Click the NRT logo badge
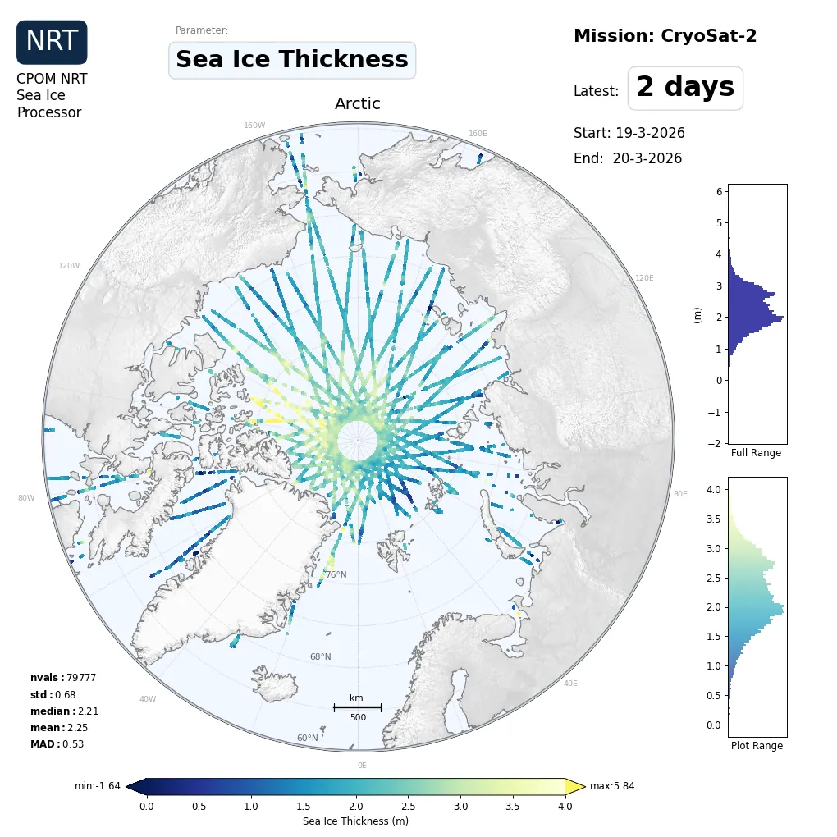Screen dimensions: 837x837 point(52,42)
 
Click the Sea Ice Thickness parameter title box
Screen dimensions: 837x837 point(292,60)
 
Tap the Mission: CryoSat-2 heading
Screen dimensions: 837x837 point(665,36)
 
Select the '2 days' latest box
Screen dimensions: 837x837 point(685,88)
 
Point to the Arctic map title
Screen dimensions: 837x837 point(358,104)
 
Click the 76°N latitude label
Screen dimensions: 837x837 point(336,574)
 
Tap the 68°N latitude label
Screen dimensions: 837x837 point(320,656)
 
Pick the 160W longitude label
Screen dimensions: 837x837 point(254,126)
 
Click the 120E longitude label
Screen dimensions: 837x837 point(644,278)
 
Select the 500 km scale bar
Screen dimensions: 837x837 point(357,707)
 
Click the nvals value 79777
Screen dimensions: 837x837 point(81,678)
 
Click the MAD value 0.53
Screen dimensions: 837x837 point(73,744)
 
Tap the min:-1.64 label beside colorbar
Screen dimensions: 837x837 point(98,786)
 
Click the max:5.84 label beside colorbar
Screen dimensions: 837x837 point(612,786)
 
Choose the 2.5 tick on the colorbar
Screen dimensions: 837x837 point(408,807)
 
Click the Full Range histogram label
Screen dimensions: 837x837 point(756,453)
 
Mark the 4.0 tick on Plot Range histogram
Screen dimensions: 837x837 point(714,490)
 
